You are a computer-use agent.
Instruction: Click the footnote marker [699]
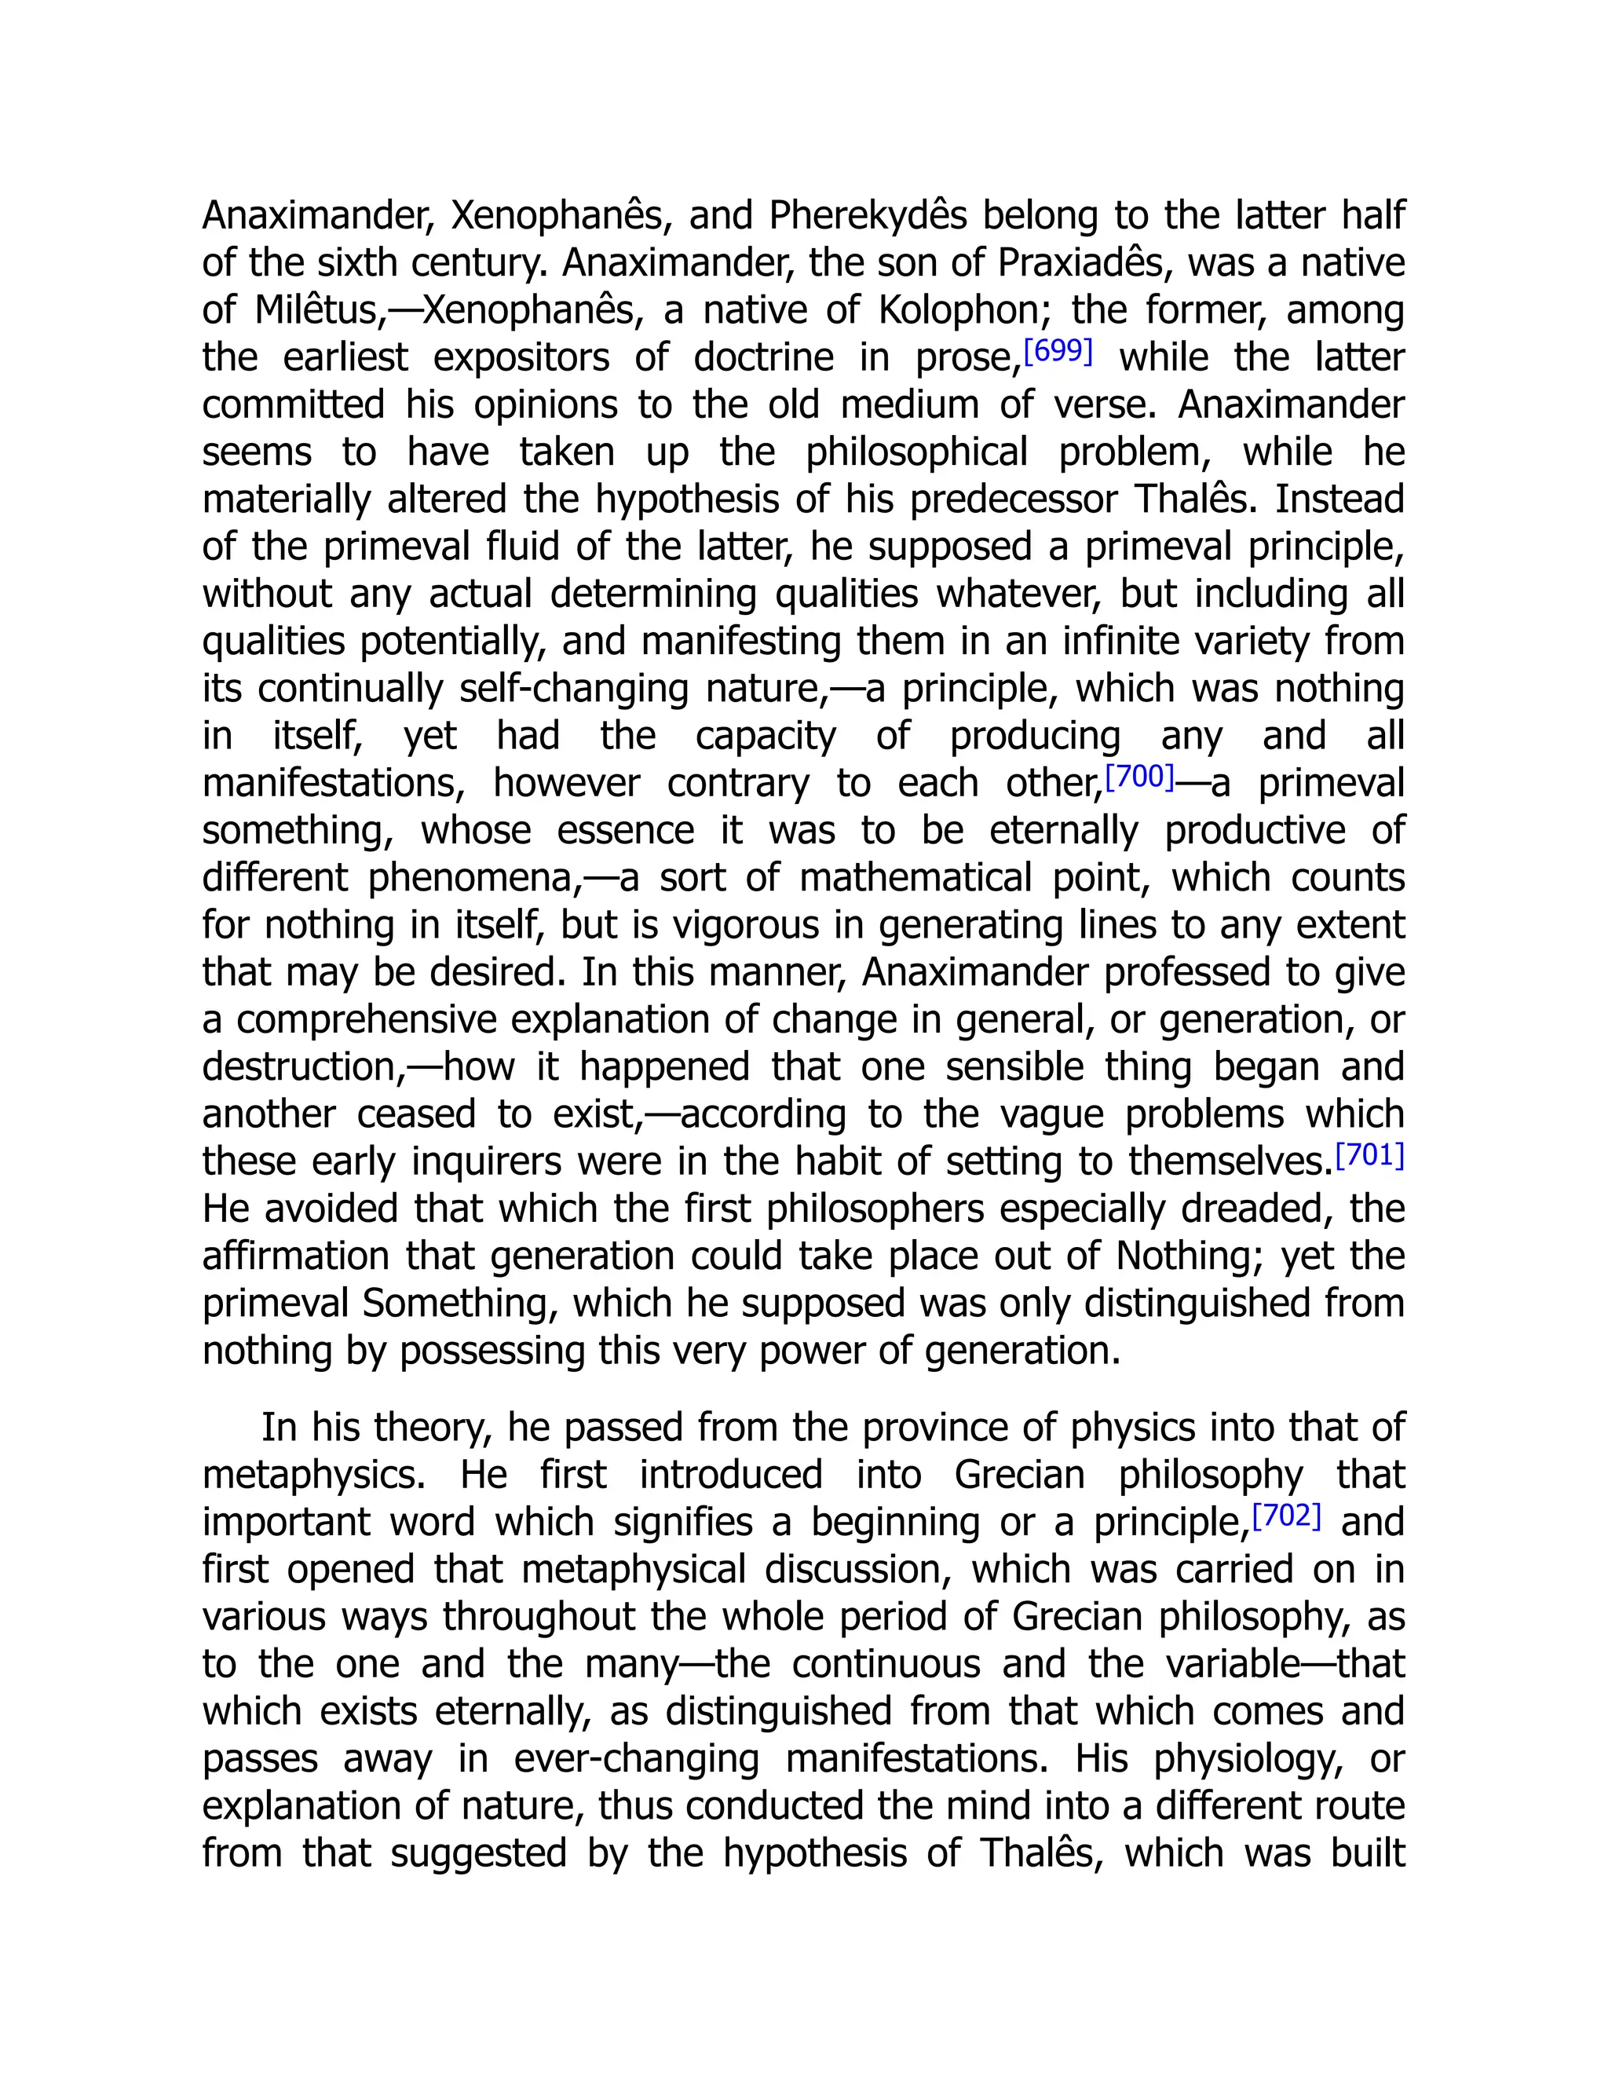pyautogui.click(x=1058, y=352)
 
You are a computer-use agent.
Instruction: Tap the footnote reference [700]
pyautogui.click(x=1139, y=777)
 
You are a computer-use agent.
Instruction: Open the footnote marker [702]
pyautogui.click(x=1286, y=1515)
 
